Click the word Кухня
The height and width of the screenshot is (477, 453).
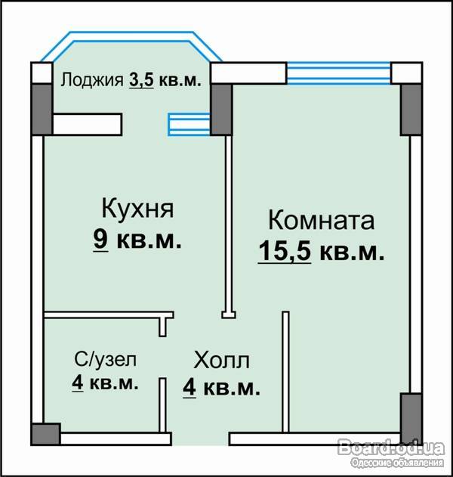tap(137, 209)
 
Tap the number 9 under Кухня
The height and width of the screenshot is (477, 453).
tap(100, 239)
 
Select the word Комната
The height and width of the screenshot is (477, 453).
tap(321, 220)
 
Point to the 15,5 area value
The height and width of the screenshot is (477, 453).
tap(285, 251)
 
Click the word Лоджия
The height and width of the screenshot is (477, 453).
tap(92, 80)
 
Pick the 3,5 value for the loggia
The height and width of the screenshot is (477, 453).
tap(141, 80)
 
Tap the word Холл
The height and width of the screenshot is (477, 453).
tap(221, 360)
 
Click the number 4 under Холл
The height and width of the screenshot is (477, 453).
tap(190, 388)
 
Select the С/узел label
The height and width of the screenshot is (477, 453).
tap(106, 359)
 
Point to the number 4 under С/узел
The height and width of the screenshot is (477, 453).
tap(78, 383)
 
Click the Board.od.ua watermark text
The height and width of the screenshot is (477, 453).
tap(391, 448)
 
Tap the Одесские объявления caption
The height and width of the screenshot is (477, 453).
tap(397, 463)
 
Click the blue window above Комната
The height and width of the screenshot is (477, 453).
tap(339, 73)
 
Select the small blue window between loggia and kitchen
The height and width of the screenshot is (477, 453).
tap(189, 124)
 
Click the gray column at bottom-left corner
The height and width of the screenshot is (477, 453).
tap(46, 434)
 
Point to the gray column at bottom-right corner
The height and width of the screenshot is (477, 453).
tap(411, 416)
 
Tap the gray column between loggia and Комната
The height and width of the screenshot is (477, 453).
tap(221, 110)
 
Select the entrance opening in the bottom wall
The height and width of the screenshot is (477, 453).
tap(200, 439)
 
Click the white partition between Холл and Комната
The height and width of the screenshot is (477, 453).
tap(285, 372)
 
